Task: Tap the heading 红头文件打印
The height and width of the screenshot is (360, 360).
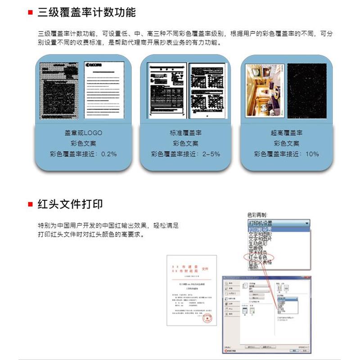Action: pos(70,204)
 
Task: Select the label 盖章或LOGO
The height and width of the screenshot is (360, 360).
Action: pos(83,133)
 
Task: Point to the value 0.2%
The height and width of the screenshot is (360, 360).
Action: pos(109,154)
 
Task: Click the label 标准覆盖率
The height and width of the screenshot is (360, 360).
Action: pos(185,133)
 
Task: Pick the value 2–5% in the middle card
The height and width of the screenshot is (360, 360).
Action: pos(211,154)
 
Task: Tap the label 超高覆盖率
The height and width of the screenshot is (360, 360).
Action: pos(287,133)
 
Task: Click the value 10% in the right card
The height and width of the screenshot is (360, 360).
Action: pos(312,154)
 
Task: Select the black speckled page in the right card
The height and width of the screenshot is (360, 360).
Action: pos(307,90)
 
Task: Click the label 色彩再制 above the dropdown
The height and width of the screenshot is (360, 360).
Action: pos(258,215)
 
